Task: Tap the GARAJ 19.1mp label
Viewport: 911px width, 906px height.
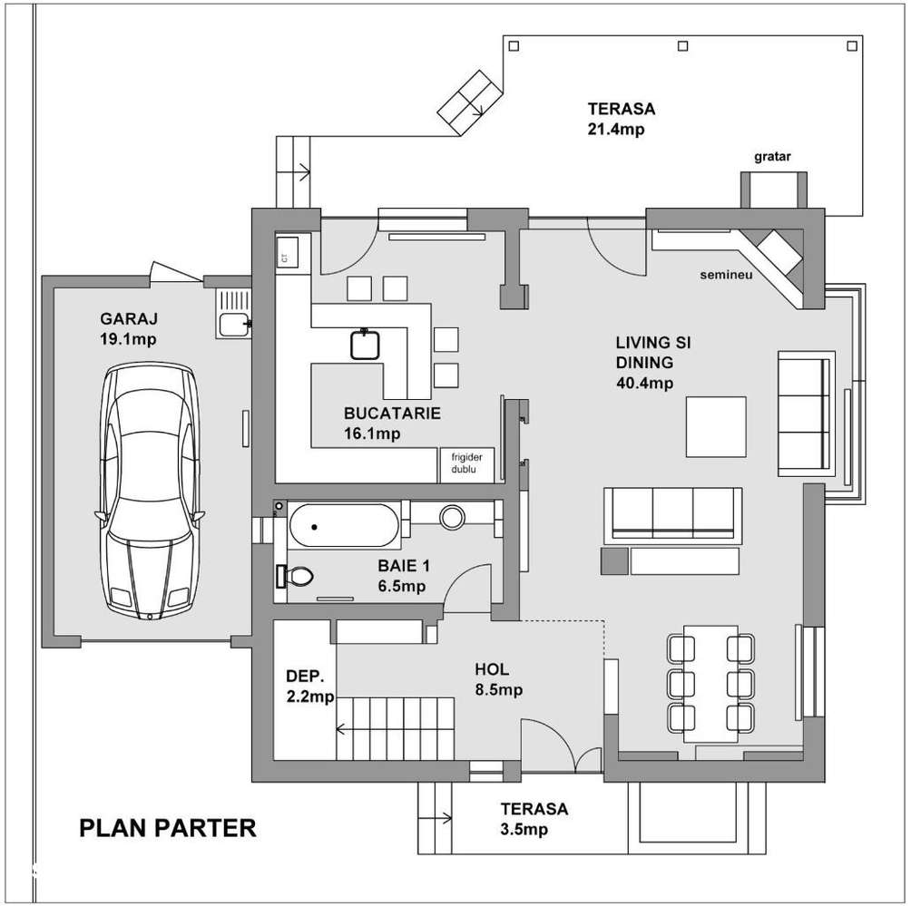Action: pyautogui.click(x=131, y=329)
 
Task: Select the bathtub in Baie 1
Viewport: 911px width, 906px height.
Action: pyautogui.click(x=344, y=524)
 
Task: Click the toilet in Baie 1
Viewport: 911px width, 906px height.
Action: pyautogui.click(x=298, y=575)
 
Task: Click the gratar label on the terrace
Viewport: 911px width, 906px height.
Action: pyautogui.click(x=772, y=156)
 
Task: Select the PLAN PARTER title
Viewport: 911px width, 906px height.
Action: pyautogui.click(x=168, y=827)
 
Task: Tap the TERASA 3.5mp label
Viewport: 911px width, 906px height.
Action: pyautogui.click(x=534, y=818)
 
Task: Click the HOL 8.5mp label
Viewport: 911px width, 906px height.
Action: pyautogui.click(x=497, y=679)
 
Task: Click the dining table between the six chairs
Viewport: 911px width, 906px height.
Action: pyautogui.click(x=712, y=683)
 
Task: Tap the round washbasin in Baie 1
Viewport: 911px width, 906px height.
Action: pyautogui.click(x=452, y=517)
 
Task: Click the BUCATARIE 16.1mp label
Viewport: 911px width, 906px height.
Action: pyautogui.click(x=392, y=423)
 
